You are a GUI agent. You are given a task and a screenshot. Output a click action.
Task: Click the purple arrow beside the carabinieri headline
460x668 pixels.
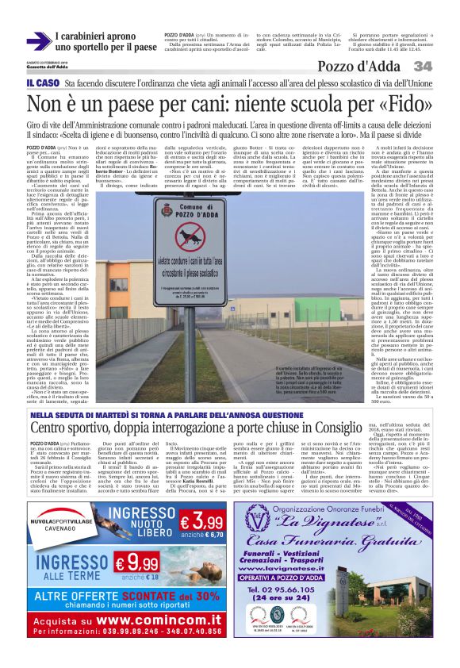pos(37,42)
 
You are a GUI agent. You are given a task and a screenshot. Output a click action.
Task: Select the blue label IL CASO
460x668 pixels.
pos(43,83)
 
